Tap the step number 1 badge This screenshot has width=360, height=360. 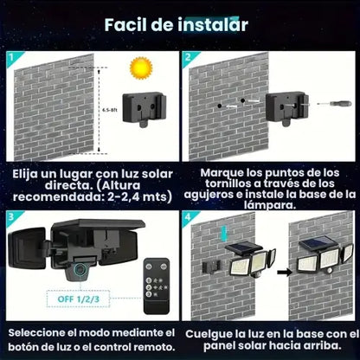[x=10, y=58]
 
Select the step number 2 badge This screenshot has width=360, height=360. [x=188, y=58]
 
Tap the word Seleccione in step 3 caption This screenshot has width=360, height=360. [x=40, y=333]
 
